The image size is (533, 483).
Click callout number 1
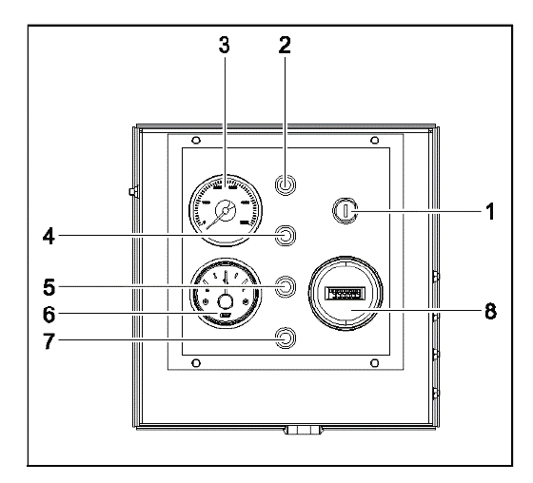[x=490, y=212]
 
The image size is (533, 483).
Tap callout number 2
[x=285, y=46]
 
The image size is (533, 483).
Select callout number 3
[x=224, y=46]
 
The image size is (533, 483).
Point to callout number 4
[x=49, y=236]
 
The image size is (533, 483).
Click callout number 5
[x=49, y=287]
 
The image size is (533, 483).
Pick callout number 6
[x=49, y=314]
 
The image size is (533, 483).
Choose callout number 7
[x=49, y=340]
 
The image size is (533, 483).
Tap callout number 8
[x=490, y=311]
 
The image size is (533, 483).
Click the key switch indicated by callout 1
[x=345, y=210]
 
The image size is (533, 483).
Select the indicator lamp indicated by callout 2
[x=286, y=184]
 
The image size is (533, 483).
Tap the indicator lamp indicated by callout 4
[x=286, y=235]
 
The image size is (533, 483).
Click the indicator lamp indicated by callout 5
[x=286, y=286]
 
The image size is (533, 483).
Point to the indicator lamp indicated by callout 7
[x=286, y=338]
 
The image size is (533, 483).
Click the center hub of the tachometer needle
[x=225, y=211]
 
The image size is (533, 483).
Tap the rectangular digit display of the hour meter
[x=345, y=294]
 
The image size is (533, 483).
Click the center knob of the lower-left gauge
[x=226, y=301]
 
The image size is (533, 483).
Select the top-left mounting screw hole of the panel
[x=196, y=140]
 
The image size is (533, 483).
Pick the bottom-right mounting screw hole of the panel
[x=375, y=363]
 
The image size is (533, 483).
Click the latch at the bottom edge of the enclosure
[x=304, y=431]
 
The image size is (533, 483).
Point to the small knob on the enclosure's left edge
[x=133, y=192]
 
